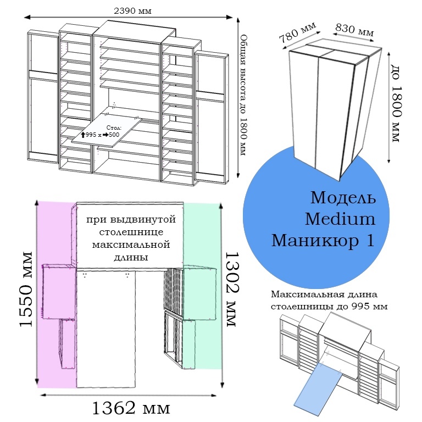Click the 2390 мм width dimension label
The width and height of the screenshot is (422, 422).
132,11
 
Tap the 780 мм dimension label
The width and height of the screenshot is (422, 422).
297,33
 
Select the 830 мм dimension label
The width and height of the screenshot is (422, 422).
354,30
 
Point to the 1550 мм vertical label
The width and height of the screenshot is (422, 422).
26,289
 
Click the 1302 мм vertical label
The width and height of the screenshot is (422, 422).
231,289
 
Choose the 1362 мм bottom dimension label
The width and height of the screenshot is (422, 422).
131,408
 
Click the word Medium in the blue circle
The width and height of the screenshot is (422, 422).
340,219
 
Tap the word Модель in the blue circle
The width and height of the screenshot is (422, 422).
343,198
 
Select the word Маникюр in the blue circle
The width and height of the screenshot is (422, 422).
315,240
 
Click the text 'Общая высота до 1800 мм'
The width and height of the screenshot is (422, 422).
243,95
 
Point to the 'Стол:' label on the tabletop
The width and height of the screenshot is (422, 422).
114,127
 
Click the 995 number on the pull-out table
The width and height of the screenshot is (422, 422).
91,135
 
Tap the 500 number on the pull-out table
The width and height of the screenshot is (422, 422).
114,135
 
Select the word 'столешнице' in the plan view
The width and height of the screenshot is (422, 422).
131,232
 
